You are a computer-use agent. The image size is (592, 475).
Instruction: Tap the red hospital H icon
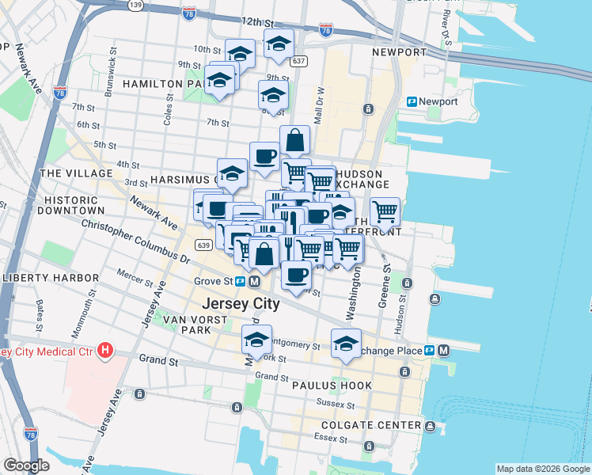(104, 351)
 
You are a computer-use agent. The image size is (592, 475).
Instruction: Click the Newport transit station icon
(412, 101)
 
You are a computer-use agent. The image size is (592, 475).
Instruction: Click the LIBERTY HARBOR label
(51, 278)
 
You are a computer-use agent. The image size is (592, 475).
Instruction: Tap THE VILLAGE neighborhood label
(76, 173)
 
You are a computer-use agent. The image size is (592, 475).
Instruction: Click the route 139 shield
(136, 5)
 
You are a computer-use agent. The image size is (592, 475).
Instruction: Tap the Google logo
(27, 465)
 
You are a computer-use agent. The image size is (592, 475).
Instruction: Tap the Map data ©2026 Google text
(542, 469)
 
